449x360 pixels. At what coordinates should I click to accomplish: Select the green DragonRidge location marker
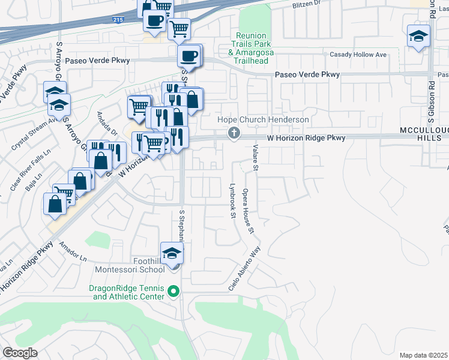174,292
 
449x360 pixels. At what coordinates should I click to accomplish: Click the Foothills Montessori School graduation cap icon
172,253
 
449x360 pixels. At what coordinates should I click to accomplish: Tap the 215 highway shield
118,20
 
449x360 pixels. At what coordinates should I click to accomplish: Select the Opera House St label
247,211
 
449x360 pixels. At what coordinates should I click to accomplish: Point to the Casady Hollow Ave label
358,55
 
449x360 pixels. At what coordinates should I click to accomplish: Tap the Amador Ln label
74,250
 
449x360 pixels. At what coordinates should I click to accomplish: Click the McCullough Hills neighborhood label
424,134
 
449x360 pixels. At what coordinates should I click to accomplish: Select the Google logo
20,352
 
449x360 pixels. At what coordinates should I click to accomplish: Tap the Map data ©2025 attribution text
423,355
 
